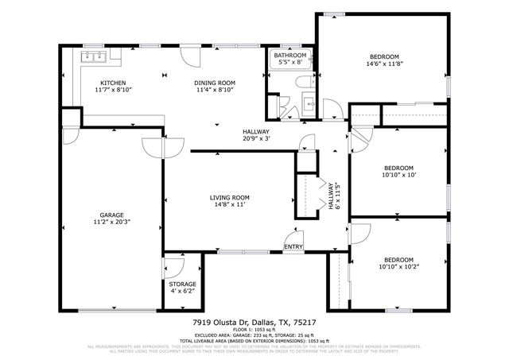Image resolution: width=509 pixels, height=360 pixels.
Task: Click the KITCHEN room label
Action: pyautogui.click(x=111, y=83)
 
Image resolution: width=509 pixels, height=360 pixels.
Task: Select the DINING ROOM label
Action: pyautogui.click(x=215, y=83)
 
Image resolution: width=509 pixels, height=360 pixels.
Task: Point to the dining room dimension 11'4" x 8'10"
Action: pyautogui.click(x=215, y=91)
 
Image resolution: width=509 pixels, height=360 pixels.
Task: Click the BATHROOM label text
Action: pyautogui.click(x=289, y=56)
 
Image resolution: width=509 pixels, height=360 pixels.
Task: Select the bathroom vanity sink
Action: pyautogui.click(x=309, y=103)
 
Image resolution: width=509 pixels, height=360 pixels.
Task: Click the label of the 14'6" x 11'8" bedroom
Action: pyautogui.click(x=384, y=56)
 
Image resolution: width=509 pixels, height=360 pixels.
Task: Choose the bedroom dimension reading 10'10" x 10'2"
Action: pyautogui.click(x=398, y=268)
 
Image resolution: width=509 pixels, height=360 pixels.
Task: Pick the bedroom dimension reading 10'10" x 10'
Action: pyautogui.click(x=398, y=176)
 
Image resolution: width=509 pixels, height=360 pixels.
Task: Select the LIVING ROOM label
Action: pyautogui.click(x=230, y=197)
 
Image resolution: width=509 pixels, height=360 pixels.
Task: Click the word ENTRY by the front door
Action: pyautogui.click(x=293, y=247)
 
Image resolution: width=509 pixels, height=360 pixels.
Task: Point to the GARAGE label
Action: pyautogui.click(x=111, y=215)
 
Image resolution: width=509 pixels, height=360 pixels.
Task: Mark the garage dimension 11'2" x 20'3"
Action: pyautogui.click(x=111, y=223)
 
